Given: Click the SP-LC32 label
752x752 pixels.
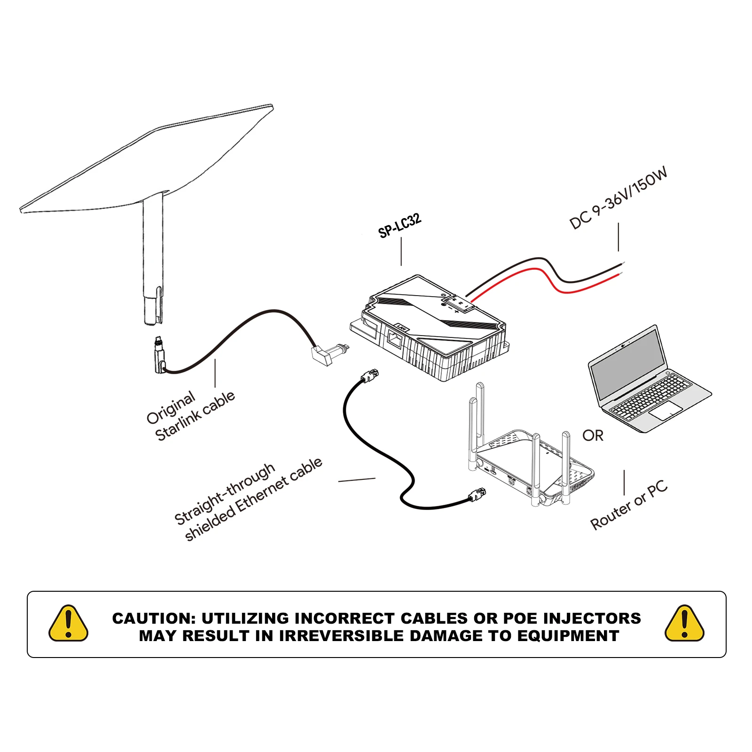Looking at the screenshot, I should [x=399, y=226].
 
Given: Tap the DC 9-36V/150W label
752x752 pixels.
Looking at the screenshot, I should [x=618, y=198].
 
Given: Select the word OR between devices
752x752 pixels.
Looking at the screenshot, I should [x=593, y=436].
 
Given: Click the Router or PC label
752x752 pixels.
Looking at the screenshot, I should [x=629, y=505].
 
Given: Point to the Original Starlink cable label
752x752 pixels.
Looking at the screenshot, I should [x=190, y=416].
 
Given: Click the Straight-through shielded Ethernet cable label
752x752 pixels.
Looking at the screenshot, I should [x=248, y=499].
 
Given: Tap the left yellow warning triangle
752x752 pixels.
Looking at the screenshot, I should [x=69, y=624].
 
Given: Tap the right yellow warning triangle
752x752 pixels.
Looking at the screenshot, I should [x=684, y=624].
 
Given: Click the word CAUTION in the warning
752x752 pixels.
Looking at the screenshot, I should [x=153, y=618].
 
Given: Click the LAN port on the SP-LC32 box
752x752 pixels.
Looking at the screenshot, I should [x=394, y=339].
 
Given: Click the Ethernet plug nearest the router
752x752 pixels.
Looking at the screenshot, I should [x=477, y=494].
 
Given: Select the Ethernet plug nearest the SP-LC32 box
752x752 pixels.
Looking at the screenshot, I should [x=370, y=376].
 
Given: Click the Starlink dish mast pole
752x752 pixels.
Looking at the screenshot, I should [x=153, y=254].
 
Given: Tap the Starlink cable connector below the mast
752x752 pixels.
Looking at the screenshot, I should [x=159, y=355].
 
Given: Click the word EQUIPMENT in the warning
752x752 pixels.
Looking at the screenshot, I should [x=568, y=636].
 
